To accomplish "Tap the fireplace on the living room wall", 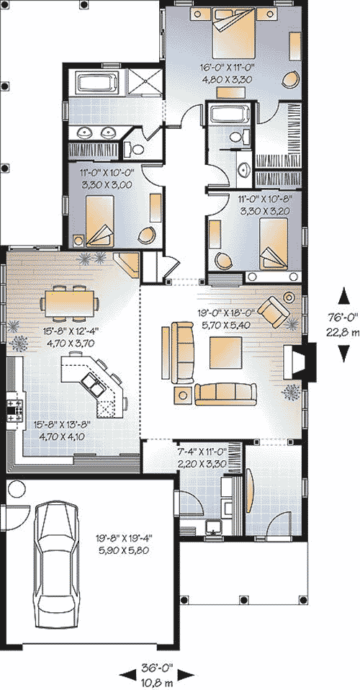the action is (300, 360).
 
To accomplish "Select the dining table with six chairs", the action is (69, 303).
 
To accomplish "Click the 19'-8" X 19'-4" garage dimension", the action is (120, 538).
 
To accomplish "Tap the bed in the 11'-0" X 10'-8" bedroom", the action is (274, 243).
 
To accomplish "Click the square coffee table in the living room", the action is (225, 352).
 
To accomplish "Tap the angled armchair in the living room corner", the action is (274, 311).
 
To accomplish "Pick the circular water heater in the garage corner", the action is (17, 488).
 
